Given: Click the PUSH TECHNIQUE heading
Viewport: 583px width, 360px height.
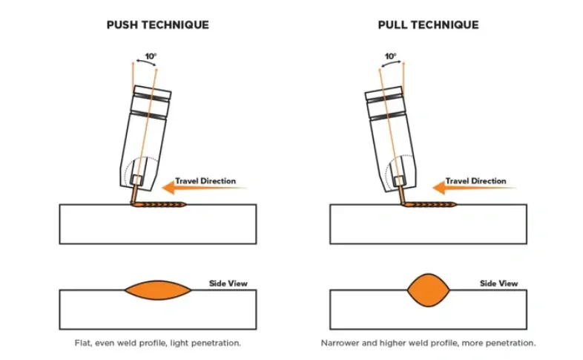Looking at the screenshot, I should [x=158, y=24].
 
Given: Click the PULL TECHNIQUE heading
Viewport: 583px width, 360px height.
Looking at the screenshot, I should [x=428, y=24].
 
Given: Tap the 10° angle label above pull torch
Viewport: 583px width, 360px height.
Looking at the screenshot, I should [x=390, y=56].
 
